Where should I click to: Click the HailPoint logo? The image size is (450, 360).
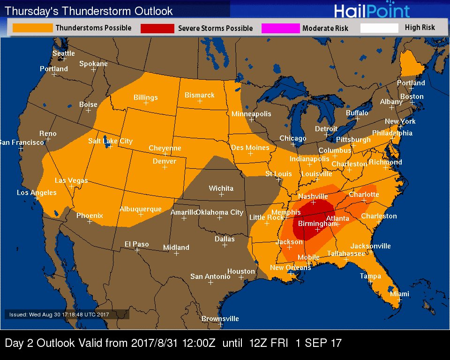point(372,10)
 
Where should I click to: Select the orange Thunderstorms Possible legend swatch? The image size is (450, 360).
point(32,28)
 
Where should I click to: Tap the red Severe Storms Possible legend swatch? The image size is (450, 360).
point(157,29)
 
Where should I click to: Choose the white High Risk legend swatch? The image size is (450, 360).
point(379,28)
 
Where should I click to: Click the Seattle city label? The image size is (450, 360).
point(63,53)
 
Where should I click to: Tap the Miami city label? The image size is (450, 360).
point(399,294)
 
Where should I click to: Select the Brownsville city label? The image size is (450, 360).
point(220,319)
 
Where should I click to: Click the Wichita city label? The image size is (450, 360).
point(221,188)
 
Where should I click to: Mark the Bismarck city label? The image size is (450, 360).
point(199,95)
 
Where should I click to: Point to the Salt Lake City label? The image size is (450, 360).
point(110,141)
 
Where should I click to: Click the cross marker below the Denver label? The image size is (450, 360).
point(165,167)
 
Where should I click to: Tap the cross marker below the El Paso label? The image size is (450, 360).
point(137,250)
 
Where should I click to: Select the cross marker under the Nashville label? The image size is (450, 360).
point(314,202)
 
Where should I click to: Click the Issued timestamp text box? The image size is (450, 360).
point(65,315)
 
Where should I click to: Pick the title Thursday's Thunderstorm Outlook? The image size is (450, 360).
point(89,11)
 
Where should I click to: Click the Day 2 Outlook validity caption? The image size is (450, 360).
point(173,343)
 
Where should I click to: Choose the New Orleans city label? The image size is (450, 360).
point(290,268)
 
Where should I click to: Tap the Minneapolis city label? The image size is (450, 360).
point(251,114)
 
